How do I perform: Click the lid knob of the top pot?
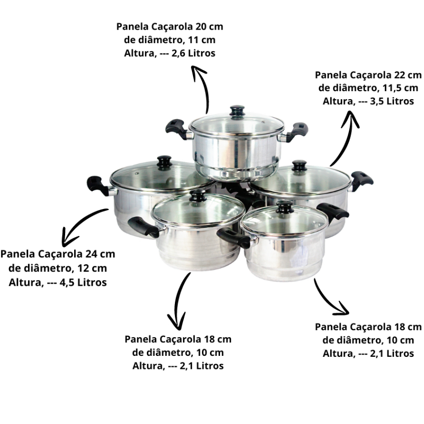point(238,111)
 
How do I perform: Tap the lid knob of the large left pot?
point(165,162)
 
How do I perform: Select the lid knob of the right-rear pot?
point(299,165)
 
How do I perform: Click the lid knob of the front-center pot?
point(197,195)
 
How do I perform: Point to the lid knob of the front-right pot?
point(285,207)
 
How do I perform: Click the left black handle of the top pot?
point(176,129)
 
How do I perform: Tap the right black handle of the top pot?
point(297,131)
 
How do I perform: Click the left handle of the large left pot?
point(98,185)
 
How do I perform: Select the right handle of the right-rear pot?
point(361,180)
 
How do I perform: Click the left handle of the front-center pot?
point(143,227)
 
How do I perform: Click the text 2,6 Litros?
point(193,53)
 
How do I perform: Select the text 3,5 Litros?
point(392,101)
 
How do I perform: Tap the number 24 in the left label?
point(90,254)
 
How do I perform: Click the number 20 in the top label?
point(200,27)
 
